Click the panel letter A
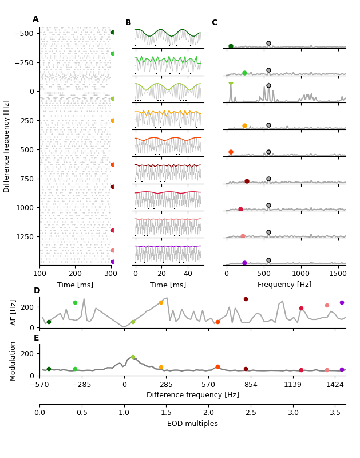point(35,19)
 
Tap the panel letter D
point(37,291)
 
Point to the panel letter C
point(214,23)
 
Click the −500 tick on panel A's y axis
point(23,33)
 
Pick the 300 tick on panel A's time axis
point(110,275)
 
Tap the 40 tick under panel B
point(187,275)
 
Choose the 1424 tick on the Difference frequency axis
point(335,384)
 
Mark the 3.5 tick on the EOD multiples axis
point(335,413)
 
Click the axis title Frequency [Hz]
point(284,285)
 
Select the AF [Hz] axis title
point(14,312)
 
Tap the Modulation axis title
point(14,360)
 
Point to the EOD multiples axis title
point(192,424)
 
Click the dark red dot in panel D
point(246,299)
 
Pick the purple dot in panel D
point(342,302)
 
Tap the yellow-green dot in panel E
point(133,357)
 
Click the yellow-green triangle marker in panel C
point(231,84)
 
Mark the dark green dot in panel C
point(231,46)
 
